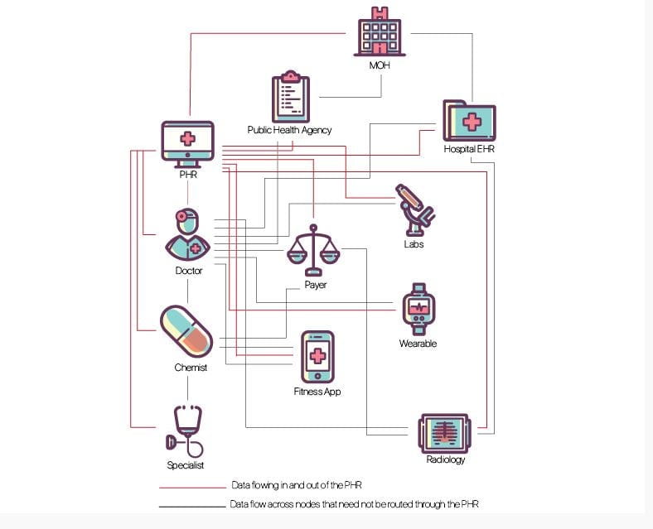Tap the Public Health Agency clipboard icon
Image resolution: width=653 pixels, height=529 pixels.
[289, 98]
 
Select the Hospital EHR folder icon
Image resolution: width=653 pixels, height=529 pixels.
[469, 121]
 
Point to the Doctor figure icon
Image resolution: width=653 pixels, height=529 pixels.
[187, 234]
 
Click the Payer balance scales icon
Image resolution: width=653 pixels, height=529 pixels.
[313, 249]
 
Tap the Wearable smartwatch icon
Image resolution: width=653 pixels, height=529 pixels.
[418, 309]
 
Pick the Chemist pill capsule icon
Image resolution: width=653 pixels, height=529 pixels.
[186, 329]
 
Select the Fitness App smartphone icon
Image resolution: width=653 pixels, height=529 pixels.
[317, 357]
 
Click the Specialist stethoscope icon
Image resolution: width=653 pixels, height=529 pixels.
[187, 430]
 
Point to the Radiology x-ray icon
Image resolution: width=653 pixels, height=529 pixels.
[445, 431]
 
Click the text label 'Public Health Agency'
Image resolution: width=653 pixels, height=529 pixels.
[289, 130]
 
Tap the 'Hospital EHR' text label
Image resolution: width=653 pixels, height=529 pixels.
[469, 149]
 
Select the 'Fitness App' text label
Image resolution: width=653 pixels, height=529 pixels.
[317, 392]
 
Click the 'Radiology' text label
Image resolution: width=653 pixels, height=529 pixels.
[445, 459]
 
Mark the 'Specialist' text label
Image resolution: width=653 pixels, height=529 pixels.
[186, 465]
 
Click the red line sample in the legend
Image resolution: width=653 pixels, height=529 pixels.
[192, 487]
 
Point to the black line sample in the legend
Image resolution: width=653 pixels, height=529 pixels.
[192, 504]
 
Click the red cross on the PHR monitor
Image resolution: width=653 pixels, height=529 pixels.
[188, 138]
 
